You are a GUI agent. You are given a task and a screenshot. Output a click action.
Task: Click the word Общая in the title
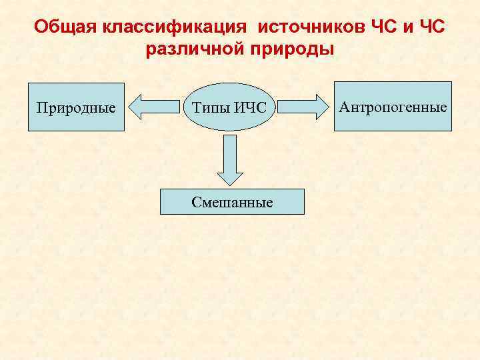[65, 27]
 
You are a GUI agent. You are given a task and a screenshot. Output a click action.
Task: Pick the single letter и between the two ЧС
[403, 27]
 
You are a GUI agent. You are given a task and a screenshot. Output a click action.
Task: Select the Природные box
[75, 107]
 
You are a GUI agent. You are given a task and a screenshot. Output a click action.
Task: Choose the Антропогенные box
[393, 106]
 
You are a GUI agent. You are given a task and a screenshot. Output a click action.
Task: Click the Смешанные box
[232, 201]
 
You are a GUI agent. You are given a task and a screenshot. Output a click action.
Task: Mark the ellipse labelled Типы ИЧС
[229, 107]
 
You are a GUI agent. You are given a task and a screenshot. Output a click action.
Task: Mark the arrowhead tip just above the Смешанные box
[229, 185]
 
